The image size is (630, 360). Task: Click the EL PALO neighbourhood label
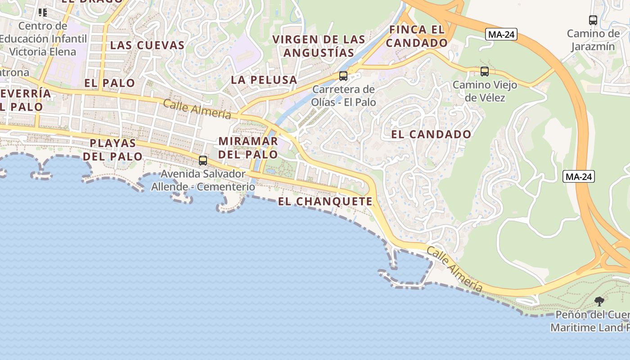(109, 83)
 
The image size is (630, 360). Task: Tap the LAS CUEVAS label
(147, 45)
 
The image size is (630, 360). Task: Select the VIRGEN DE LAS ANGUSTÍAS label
(319, 46)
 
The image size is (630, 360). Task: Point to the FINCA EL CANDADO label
(417, 36)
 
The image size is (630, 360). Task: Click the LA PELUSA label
(264, 80)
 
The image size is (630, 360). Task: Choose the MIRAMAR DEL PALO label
(248, 148)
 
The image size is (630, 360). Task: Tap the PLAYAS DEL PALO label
(112, 149)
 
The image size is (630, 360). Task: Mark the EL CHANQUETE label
(325, 202)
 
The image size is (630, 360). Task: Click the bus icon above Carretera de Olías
(343, 76)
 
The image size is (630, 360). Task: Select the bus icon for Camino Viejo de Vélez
(485, 71)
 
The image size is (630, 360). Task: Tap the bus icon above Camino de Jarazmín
(593, 20)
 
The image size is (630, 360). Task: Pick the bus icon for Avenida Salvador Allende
(203, 160)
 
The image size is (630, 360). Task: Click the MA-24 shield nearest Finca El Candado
(501, 34)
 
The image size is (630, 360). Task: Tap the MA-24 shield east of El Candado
(579, 177)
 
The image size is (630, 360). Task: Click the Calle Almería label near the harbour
(454, 269)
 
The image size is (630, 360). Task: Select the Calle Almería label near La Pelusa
(197, 109)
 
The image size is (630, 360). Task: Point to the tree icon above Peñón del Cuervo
(599, 301)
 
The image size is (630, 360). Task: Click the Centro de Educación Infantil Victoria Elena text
(43, 39)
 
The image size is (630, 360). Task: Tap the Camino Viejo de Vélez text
(485, 91)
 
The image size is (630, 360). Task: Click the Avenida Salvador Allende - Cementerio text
(203, 180)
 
